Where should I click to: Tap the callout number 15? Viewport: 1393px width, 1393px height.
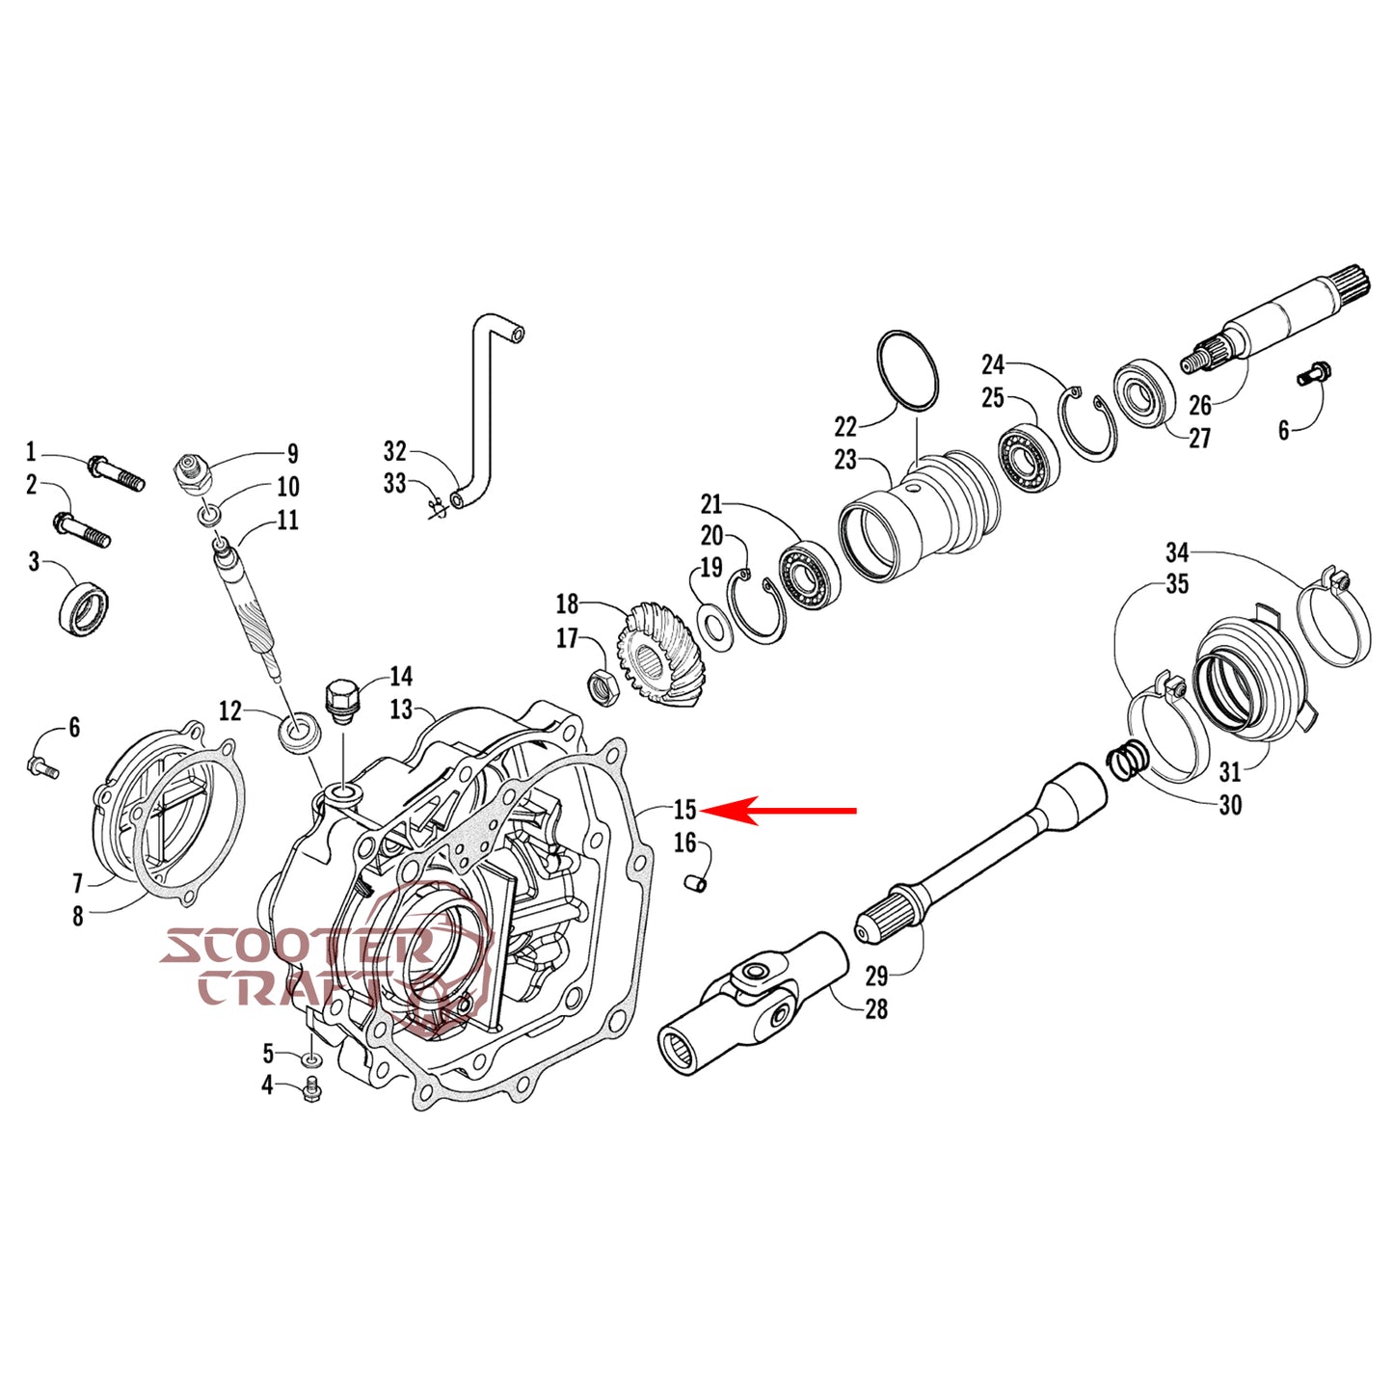684,810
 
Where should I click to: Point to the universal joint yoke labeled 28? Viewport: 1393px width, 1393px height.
752,1003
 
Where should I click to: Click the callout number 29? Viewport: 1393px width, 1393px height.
876,976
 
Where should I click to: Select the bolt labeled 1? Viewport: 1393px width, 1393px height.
116,472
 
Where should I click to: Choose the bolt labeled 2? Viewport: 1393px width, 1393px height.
82,529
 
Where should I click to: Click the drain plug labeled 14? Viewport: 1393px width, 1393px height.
341,701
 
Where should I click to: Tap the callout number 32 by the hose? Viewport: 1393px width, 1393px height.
395,451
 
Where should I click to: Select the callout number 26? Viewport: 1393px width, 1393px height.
1200,404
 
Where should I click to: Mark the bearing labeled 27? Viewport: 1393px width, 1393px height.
1145,390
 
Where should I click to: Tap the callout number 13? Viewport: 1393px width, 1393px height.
401,710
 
